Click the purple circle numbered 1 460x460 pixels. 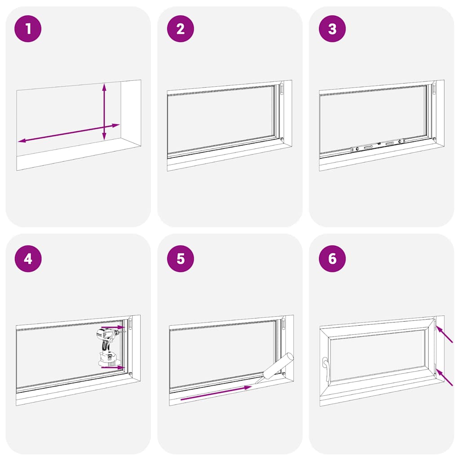(x=28, y=29)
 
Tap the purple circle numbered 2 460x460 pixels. (x=180, y=29)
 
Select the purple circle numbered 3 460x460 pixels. (x=332, y=29)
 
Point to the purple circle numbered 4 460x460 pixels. (x=28, y=259)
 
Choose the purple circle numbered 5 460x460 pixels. (x=180, y=259)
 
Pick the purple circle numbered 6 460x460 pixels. (x=332, y=259)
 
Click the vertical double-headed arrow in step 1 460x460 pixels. (x=104, y=111)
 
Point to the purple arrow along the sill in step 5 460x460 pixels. (x=216, y=393)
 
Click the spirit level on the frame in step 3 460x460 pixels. (x=377, y=145)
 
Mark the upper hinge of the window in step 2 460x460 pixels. (x=282, y=88)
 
